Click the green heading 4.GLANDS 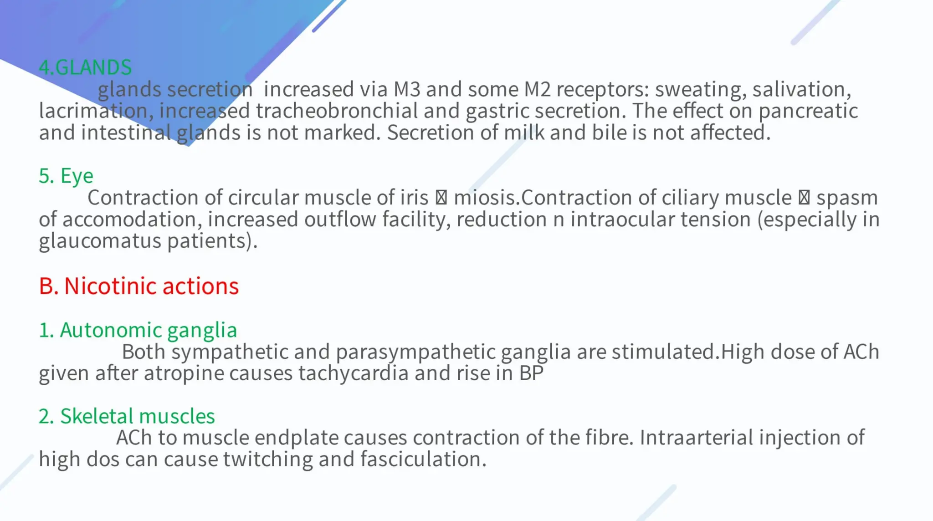pos(85,67)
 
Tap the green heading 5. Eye pos(66,176)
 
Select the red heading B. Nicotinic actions pos(138,286)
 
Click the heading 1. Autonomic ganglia pos(138,330)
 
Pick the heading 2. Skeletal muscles pos(127,416)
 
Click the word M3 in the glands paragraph pos(406,89)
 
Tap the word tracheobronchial pos(337,111)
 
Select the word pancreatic pos(808,111)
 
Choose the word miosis pos(486,198)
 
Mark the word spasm pos(846,198)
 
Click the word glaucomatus pos(100,240)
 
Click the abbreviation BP pos(531,373)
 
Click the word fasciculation pos(423,459)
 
